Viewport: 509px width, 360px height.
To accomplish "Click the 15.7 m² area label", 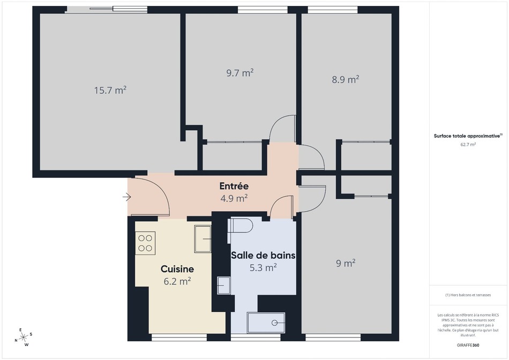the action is coord(110,90).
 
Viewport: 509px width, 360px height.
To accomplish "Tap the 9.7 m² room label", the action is coord(240,73).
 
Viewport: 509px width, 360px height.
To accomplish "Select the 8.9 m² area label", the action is coord(346,79).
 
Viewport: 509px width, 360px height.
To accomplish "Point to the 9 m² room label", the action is coord(346,263).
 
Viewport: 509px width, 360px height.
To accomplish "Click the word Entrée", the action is coord(234,186).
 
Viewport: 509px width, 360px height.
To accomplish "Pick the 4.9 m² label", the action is coord(234,198).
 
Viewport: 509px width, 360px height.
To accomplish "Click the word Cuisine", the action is coord(177,269).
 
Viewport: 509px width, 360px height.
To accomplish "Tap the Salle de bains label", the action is coord(263,256).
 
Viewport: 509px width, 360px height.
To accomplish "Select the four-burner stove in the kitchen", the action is coord(145,243).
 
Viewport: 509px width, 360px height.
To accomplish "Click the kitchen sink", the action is coord(203,239).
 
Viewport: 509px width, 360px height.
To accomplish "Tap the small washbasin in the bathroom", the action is coord(223,286).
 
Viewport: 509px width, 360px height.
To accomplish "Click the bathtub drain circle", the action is coord(275,322).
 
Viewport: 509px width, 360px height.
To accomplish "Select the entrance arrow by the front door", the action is coord(126,197).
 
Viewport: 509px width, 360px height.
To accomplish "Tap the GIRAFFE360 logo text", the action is coord(468,345).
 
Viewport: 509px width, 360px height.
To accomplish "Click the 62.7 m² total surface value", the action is coord(468,145).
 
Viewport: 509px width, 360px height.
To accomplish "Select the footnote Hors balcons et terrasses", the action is coord(468,295).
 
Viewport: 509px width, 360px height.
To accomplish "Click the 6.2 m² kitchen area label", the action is coord(177,281).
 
